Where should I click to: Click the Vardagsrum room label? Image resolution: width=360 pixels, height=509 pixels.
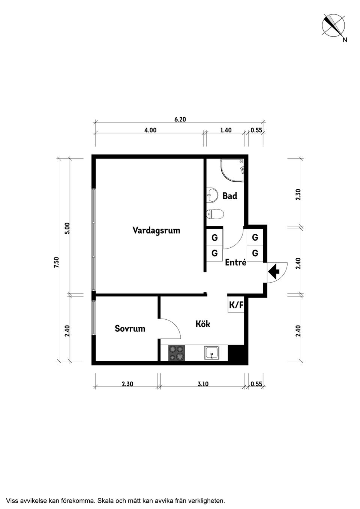click(x=156, y=230)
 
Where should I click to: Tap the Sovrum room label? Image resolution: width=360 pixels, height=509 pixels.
click(x=130, y=329)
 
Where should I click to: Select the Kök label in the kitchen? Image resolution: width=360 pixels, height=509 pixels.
click(x=202, y=324)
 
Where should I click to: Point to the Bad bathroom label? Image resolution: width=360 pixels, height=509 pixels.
click(x=229, y=196)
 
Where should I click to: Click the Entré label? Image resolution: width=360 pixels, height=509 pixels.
click(x=235, y=262)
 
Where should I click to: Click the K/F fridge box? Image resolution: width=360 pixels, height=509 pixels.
click(x=236, y=305)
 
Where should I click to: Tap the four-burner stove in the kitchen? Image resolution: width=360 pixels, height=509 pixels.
click(x=177, y=353)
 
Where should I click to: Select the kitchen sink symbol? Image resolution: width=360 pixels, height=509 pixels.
click(x=212, y=353)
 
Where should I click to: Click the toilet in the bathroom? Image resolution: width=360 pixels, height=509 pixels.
click(x=215, y=214)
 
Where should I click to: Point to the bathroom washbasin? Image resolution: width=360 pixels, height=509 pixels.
click(x=212, y=194)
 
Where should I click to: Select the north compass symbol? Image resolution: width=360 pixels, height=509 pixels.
click(x=334, y=26)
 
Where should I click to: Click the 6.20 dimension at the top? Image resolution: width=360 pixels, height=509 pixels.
click(x=180, y=120)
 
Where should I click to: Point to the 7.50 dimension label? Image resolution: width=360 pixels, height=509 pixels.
click(x=56, y=262)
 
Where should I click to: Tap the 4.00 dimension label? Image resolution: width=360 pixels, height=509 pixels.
click(x=150, y=130)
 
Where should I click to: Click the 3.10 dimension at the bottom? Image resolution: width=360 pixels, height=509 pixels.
click(x=202, y=384)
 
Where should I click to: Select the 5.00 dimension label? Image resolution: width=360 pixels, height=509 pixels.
click(x=67, y=228)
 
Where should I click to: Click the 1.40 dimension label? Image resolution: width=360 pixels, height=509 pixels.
click(x=226, y=130)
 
